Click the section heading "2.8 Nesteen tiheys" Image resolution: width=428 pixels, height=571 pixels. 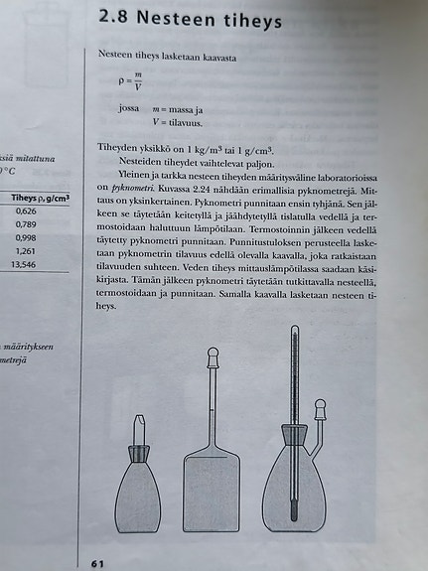click(191, 19)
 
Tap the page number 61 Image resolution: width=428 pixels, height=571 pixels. click(98, 563)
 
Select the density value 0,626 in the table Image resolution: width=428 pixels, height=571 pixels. click(27, 212)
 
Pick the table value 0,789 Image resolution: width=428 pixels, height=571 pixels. click(27, 224)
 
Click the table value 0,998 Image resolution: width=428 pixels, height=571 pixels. click(27, 238)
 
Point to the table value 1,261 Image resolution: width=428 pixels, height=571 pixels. click(27, 251)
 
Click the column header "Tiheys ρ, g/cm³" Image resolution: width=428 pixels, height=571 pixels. click(40, 198)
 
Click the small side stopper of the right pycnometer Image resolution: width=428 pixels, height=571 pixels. click(321, 408)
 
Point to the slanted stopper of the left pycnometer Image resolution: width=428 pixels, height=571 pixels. click(140, 430)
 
